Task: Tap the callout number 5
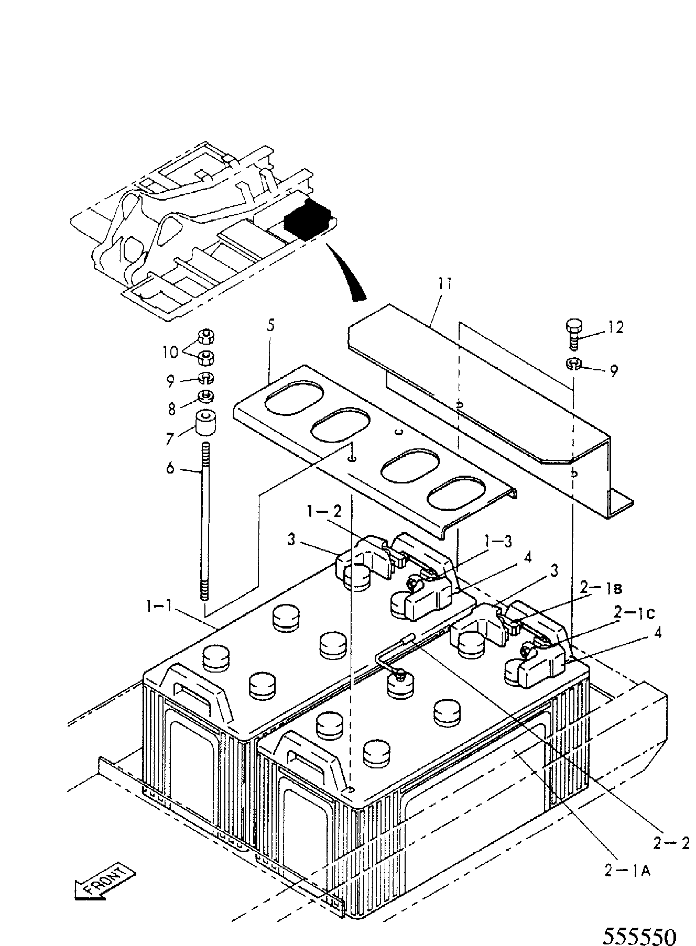pos(270,325)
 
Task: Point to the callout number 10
pos(170,353)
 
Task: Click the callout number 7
pos(170,438)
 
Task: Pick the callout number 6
pos(170,467)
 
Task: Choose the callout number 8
pos(171,409)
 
